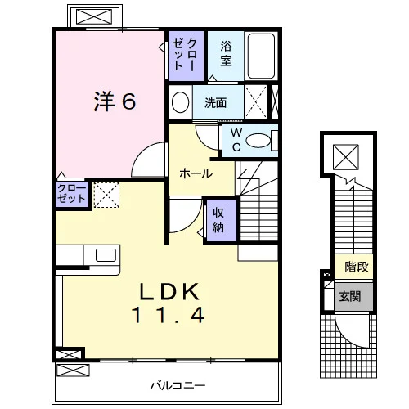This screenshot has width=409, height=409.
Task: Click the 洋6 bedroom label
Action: click(x=115, y=101)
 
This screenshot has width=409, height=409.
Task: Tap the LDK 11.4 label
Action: click(x=169, y=303)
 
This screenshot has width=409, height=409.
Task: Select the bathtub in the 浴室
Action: click(x=261, y=56)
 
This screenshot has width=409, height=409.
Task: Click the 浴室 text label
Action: click(x=226, y=53)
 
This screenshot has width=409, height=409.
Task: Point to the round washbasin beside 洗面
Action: click(x=180, y=102)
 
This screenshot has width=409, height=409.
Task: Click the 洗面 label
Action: click(x=215, y=103)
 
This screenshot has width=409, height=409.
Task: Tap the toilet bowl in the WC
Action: click(x=258, y=141)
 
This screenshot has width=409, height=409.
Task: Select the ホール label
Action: click(x=196, y=173)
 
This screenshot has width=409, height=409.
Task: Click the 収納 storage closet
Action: click(x=222, y=220)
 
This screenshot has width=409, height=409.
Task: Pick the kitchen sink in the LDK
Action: click(x=106, y=255)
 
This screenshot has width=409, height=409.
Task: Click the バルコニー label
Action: click(x=178, y=385)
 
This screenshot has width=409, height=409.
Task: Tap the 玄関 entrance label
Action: click(x=350, y=296)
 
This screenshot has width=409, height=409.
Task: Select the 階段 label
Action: click(x=357, y=267)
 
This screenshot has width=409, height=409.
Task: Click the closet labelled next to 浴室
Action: click(x=186, y=56)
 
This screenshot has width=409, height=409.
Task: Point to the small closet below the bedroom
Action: click(x=72, y=194)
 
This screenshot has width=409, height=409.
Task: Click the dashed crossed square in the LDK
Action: click(x=106, y=195)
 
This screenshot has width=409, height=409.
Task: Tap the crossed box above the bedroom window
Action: click(x=94, y=16)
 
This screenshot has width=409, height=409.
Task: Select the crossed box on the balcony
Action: click(x=73, y=371)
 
